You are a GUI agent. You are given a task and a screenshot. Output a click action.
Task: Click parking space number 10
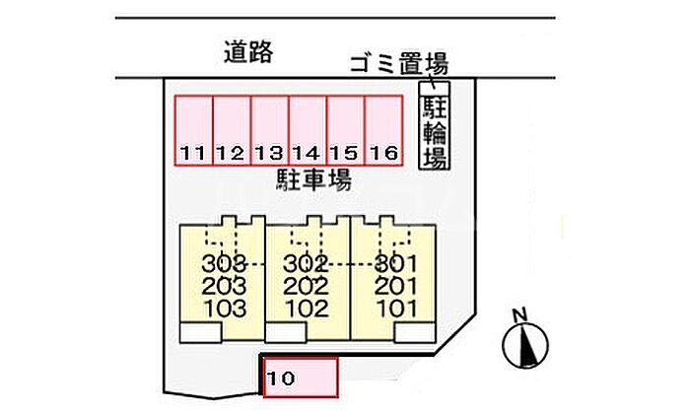(x=301, y=378)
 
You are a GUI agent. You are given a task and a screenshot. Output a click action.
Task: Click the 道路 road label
(x=247, y=52)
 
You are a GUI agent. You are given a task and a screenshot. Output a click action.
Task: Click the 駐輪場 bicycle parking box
(x=434, y=133)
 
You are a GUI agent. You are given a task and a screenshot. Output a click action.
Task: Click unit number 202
(x=307, y=286)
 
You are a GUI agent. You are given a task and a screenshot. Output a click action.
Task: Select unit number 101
(x=397, y=308)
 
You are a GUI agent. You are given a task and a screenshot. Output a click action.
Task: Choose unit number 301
(x=397, y=263)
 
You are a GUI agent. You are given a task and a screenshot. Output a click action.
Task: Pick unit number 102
(x=307, y=308)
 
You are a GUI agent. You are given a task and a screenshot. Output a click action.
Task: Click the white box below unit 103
(x=202, y=333)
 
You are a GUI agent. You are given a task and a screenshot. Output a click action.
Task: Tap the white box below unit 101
(x=414, y=333)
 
